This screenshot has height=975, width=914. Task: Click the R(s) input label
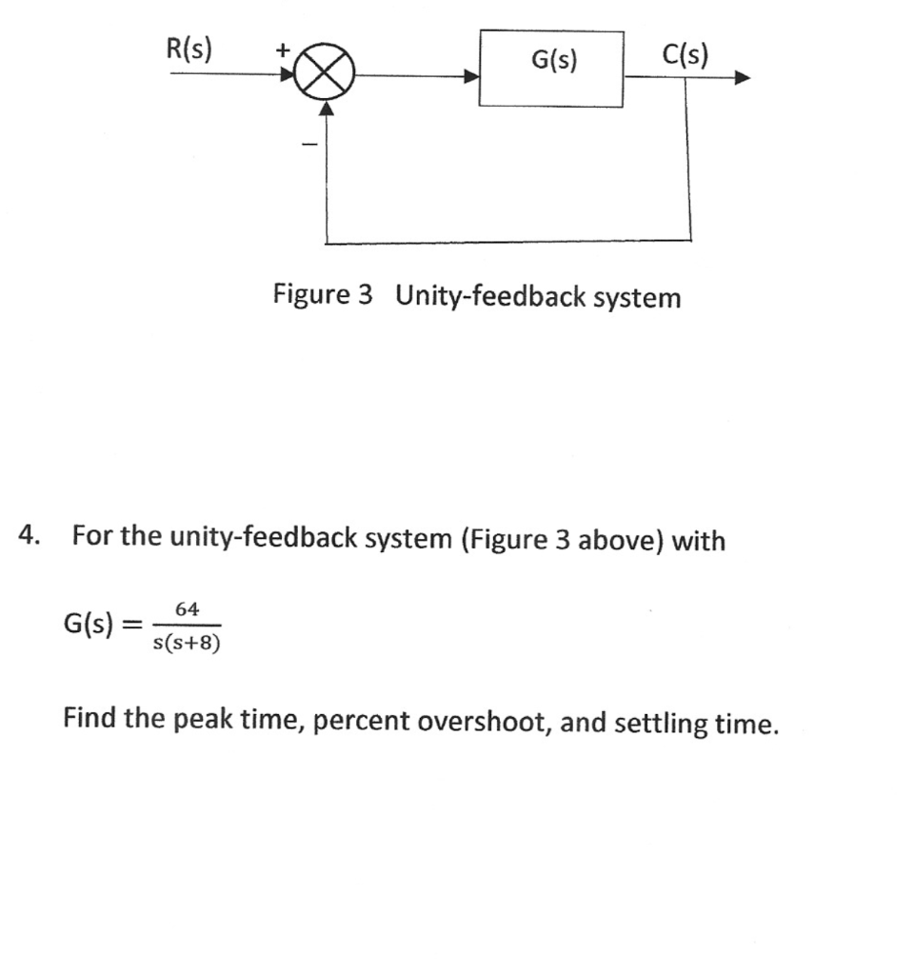(x=190, y=49)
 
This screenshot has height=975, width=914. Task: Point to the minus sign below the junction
(x=308, y=145)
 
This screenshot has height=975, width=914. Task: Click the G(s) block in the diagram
(x=551, y=68)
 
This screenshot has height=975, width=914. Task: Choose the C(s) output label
(x=685, y=55)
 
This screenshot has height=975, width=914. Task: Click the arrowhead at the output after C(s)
(x=742, y=79)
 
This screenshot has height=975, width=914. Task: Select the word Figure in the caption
(x=310, y=295)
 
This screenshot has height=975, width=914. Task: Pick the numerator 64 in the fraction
(x=187, y=608)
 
